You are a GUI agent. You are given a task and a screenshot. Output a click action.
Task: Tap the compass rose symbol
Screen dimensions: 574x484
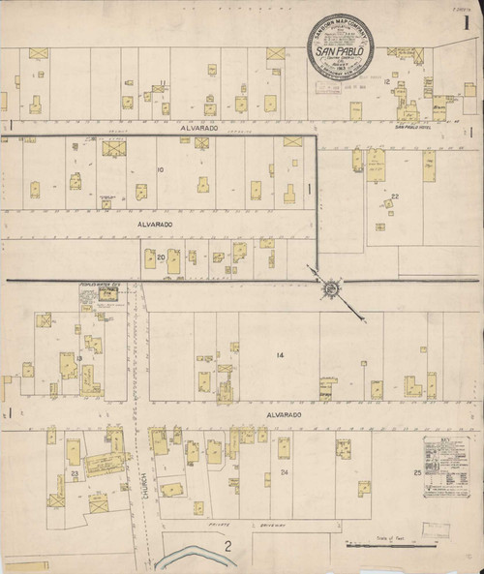(331, 287)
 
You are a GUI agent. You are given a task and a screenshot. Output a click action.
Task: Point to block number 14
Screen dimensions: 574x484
(281, 356)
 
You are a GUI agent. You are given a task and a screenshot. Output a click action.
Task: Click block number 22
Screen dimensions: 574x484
(394, 196)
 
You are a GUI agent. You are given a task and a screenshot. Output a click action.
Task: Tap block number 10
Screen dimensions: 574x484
(161, 171)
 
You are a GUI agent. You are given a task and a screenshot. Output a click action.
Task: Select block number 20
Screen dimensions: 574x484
(149, 257)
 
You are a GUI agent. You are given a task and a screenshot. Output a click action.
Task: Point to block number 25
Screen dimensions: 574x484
(418, 471)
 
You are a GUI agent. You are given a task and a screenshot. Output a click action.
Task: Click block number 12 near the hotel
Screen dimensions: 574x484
(386, 82)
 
